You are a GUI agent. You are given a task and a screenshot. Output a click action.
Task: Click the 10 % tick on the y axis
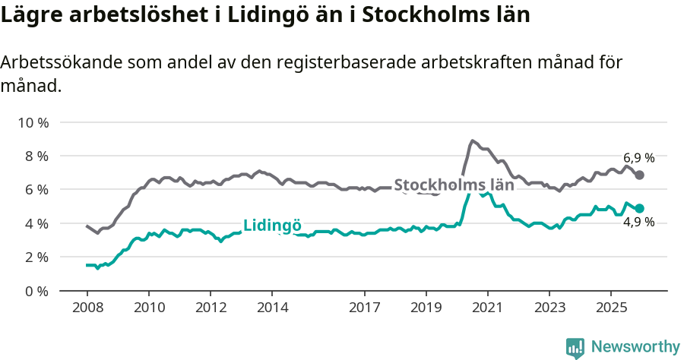[x=33, y=122]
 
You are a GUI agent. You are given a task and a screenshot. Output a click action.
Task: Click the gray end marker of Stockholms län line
[x=640, y=175]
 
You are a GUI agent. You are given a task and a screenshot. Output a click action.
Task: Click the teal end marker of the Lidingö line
[x=640, y=208]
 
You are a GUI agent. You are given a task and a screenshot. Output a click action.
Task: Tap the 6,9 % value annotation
[x=638, y=158]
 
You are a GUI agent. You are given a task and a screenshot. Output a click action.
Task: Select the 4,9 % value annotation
[x=638, y=223]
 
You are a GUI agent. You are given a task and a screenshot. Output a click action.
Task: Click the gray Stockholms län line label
[x=454, y=185]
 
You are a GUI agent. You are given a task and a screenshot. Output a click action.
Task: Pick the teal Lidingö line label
[x=272, y=226]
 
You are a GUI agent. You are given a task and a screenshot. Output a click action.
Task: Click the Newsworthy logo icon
[x=575, y=347]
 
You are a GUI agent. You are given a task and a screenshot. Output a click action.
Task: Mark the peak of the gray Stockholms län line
[x=472, y=141]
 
